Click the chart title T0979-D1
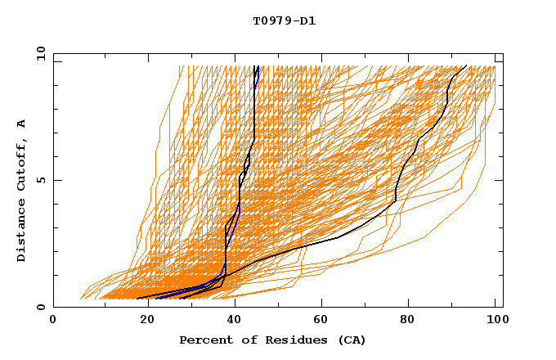point(284,21)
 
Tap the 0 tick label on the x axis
point(53,321)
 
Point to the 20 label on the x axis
point(141,321)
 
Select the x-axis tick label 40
point(230,321)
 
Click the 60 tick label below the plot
point(318,321)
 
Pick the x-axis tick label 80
point(406,321)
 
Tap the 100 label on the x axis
point(495,321)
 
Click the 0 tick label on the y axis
point(41,308)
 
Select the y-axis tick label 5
point(41,180)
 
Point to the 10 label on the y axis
point(38,53)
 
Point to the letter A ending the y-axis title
point(22,124)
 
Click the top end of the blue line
point(258,66)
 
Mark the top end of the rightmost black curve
point(466,66)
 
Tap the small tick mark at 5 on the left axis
point(56,180)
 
